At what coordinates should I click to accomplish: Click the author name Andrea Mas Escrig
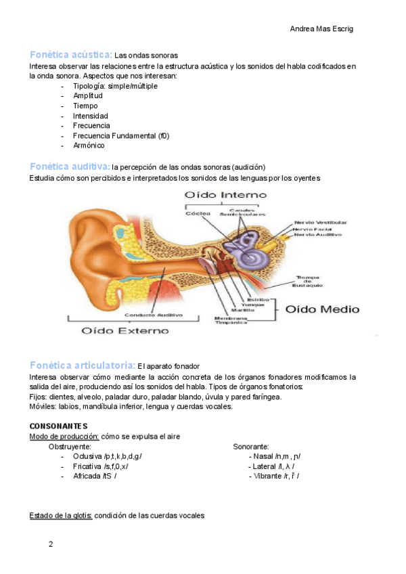click(321, 29)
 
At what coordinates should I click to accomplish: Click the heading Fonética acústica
click(70, 53)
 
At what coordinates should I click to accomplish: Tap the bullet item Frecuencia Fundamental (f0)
click(121, 135)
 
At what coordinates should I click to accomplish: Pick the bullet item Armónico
click(89, 146)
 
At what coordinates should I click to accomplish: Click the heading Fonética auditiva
click(70, 166)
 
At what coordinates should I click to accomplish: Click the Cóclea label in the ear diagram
click(198, 214)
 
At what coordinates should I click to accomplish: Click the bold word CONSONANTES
click(59, 426)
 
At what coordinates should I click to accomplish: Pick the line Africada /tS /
click(95, 476)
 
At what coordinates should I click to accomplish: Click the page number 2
click(50, 544)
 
